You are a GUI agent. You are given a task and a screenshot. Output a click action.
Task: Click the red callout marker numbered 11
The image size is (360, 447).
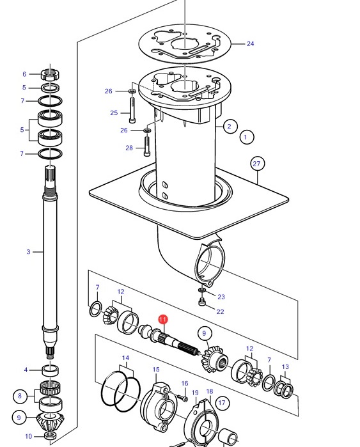[163, 319]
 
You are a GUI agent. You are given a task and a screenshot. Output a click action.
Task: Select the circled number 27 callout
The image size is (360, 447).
[257, 164]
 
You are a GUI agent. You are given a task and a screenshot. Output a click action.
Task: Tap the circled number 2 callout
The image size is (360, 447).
[230, 126]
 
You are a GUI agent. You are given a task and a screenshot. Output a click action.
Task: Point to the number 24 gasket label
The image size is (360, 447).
[250, 43]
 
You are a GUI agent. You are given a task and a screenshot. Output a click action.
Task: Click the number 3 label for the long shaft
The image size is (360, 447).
[28, 252]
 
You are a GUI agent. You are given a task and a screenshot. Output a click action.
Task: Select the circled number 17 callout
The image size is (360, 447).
[222, 403]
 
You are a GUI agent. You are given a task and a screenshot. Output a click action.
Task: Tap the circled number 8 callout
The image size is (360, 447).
[20, 396]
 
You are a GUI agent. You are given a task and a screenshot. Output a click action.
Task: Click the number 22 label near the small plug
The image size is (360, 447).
[220, 311]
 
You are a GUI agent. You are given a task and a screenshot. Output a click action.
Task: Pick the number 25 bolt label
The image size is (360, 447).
[114, 113]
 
